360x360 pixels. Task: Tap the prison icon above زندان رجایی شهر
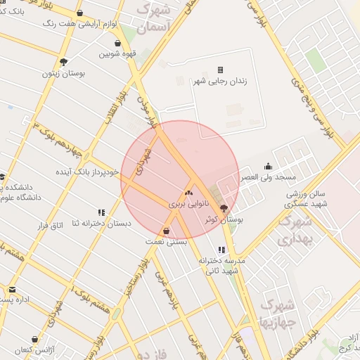(220, 70)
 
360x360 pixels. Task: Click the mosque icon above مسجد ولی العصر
(268, 167)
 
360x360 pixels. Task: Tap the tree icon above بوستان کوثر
(224, 208)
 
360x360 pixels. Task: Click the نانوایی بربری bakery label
(188, 202)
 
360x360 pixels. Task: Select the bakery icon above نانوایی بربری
(188, 192)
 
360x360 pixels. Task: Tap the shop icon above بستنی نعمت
(166, 231)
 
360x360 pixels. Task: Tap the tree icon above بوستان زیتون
(64, 62)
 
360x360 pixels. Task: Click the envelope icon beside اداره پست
(12, 289)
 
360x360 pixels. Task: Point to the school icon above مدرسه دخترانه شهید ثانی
(222, 250)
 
